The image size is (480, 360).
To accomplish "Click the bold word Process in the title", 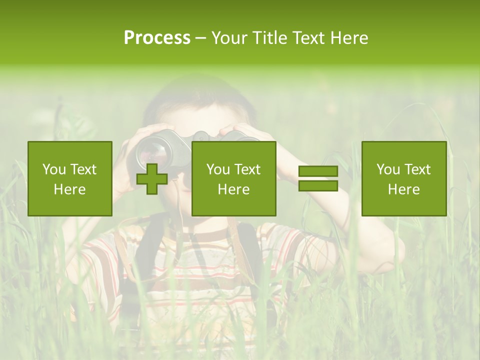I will point(157,38).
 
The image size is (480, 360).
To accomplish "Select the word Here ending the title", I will point(349,38).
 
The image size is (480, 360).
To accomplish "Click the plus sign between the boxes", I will point(152,178).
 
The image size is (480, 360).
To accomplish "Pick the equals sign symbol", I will point(318,178).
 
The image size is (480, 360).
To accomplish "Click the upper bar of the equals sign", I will point(318,171).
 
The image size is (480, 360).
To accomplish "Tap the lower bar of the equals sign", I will point(318,185).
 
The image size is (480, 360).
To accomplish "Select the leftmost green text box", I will point(70,178).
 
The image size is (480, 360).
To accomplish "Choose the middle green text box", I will point(234,178).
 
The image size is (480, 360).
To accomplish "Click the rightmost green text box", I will point(404,178).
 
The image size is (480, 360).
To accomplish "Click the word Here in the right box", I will point(404,189).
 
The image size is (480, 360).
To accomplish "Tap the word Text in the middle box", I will point(247,169).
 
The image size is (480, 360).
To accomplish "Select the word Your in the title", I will point(230,38).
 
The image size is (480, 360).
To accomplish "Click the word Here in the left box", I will point(70,189).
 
